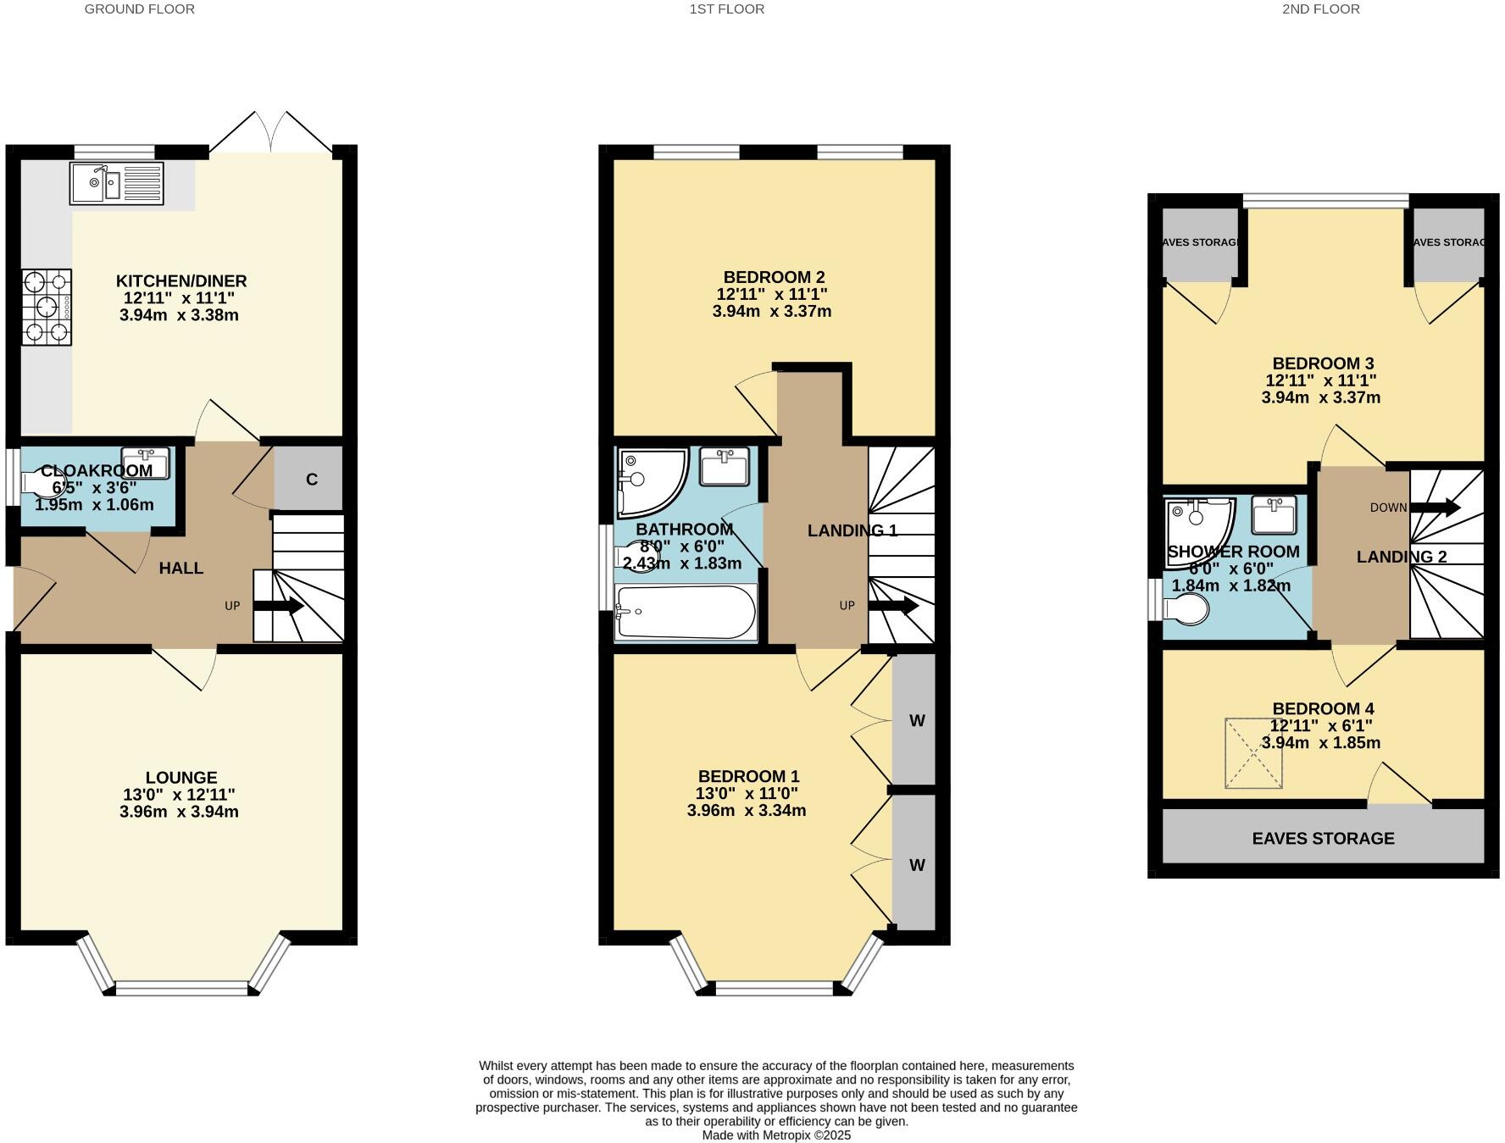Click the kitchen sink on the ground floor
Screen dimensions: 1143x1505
pos(117,184)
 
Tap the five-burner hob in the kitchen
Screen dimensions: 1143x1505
pos(47,307)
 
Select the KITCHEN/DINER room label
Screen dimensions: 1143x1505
pos(180,281)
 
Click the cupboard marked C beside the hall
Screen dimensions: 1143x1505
pos(311,480)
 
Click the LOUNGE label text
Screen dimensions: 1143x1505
pos(181,777)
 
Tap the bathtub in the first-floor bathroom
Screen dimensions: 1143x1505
pos(685,612)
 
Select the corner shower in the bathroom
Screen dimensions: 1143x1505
pos(648,481)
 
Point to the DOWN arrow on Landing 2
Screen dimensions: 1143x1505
pos(1435,508)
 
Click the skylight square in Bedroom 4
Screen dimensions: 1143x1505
pos(1253,753)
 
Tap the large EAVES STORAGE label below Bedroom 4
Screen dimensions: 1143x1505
pos(1323,838)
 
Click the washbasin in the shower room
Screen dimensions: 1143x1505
pos(1275,514)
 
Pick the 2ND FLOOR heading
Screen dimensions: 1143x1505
pos(1321,9)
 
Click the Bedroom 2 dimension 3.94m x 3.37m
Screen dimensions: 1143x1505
pos(771,311)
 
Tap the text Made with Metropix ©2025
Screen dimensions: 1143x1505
pos(775,1135)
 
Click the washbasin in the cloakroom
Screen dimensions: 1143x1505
pos(146,462)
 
